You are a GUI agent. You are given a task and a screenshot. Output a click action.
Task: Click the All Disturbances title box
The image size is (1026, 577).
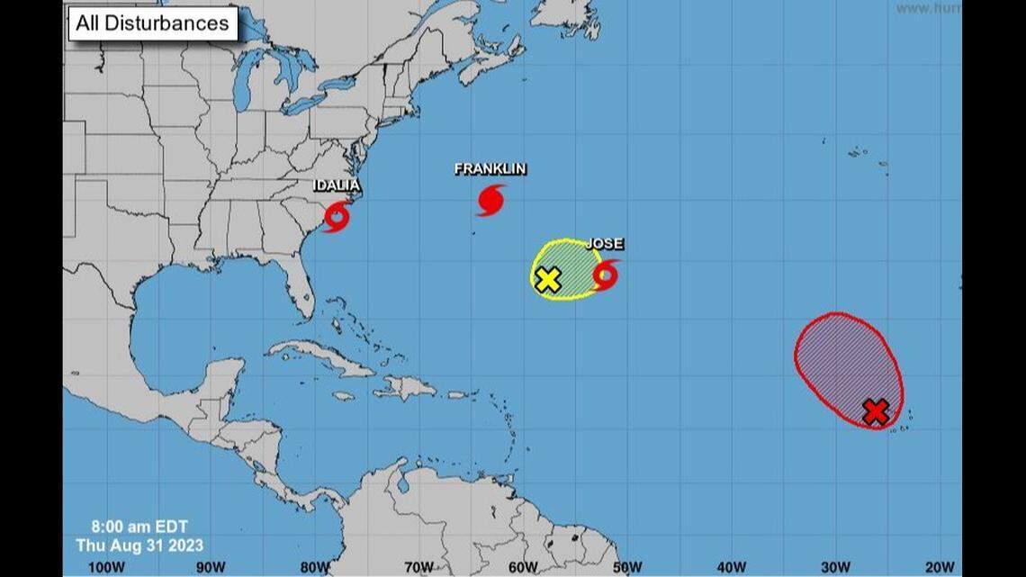point(152,23)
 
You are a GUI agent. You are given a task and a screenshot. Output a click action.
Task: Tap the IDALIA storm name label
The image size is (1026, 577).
point(337,185)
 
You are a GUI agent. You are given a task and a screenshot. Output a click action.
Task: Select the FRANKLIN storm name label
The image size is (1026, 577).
point(490,168)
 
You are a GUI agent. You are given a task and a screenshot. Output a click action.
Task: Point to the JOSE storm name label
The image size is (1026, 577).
point(605,244)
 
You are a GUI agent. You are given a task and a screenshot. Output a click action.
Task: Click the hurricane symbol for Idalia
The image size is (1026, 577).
point(337,217)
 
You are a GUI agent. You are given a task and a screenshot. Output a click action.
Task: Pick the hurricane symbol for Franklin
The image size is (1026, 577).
point(490,200)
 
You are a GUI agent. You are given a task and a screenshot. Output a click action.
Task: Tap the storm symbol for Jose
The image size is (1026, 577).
point(606,275)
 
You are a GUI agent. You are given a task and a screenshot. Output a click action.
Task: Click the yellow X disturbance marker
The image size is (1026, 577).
point(547,279)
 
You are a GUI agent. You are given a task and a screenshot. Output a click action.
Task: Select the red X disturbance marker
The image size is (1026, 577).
point(876,412)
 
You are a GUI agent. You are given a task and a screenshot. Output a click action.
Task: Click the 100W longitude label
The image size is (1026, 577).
point(106,567)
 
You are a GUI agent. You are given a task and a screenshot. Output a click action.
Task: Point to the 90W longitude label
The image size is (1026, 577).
point(211,567)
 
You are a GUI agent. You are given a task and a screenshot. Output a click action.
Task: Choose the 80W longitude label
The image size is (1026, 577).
point(315,567)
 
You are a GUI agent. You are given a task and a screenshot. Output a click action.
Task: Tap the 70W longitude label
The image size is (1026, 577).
point(419,567)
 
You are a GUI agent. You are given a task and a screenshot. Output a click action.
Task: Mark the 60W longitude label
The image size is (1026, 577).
point(523,567)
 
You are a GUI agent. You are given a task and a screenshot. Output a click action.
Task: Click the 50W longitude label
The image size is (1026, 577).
point(627,567)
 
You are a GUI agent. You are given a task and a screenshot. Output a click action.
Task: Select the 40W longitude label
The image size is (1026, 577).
point(732,567)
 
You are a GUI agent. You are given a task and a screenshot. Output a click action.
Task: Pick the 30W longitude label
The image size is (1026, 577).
point(836,567)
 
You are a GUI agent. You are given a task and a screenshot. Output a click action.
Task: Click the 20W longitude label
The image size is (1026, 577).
point(940,567)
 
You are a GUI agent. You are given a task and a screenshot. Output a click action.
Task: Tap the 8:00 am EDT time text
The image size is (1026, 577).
point(139,527)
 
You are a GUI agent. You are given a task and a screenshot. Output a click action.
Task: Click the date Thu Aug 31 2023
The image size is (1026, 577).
point(139,545)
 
